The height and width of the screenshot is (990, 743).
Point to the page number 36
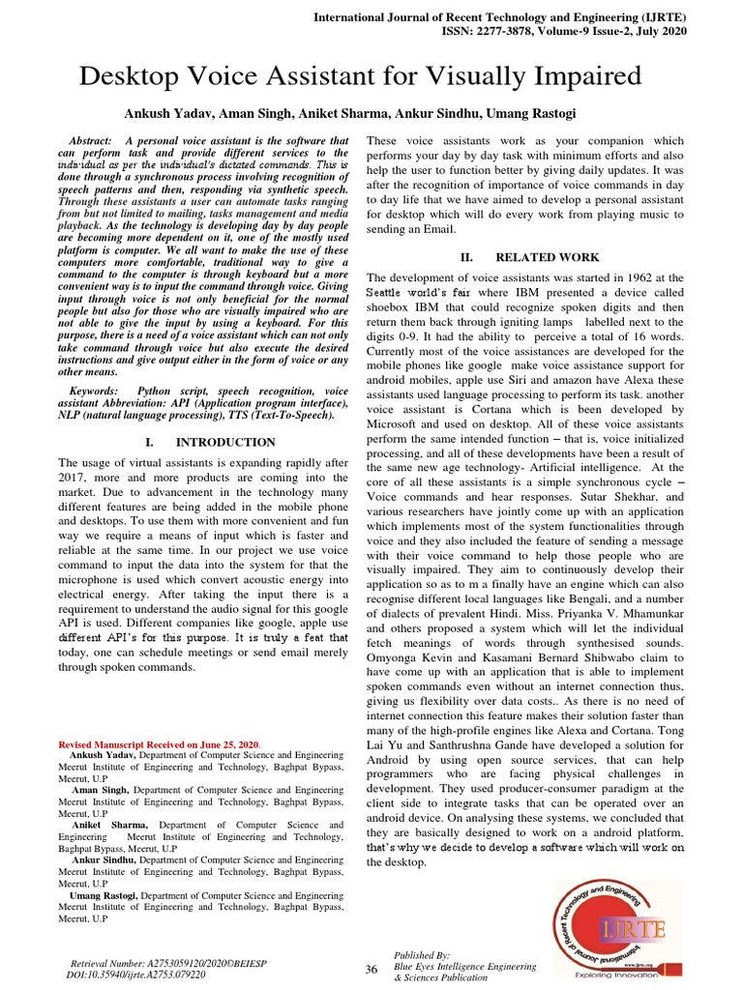[371, 970]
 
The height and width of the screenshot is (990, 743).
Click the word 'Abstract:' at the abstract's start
[99, 140]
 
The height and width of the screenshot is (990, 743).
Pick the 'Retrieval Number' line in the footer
[169, 964]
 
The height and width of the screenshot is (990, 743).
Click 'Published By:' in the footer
[422, 954]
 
